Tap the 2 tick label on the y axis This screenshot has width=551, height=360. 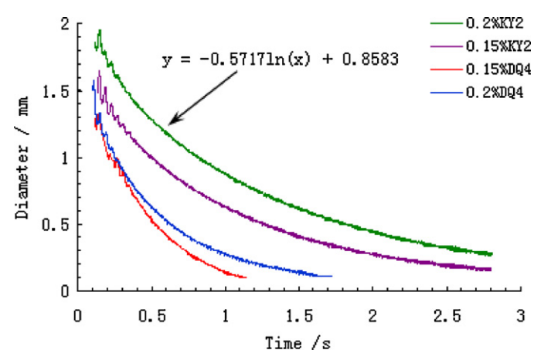[65, 24]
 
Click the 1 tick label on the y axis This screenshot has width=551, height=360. [65, 158]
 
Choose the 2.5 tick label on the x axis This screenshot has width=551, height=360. [447, 317]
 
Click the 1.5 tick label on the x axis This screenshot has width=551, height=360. [299, 317]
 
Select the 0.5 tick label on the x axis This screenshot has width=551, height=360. [151, 317]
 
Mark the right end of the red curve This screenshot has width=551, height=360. [246, 277]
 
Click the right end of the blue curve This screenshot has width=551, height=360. [332, 276]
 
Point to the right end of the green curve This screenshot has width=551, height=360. [491, 253]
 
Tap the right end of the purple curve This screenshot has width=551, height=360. [491, 269]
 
